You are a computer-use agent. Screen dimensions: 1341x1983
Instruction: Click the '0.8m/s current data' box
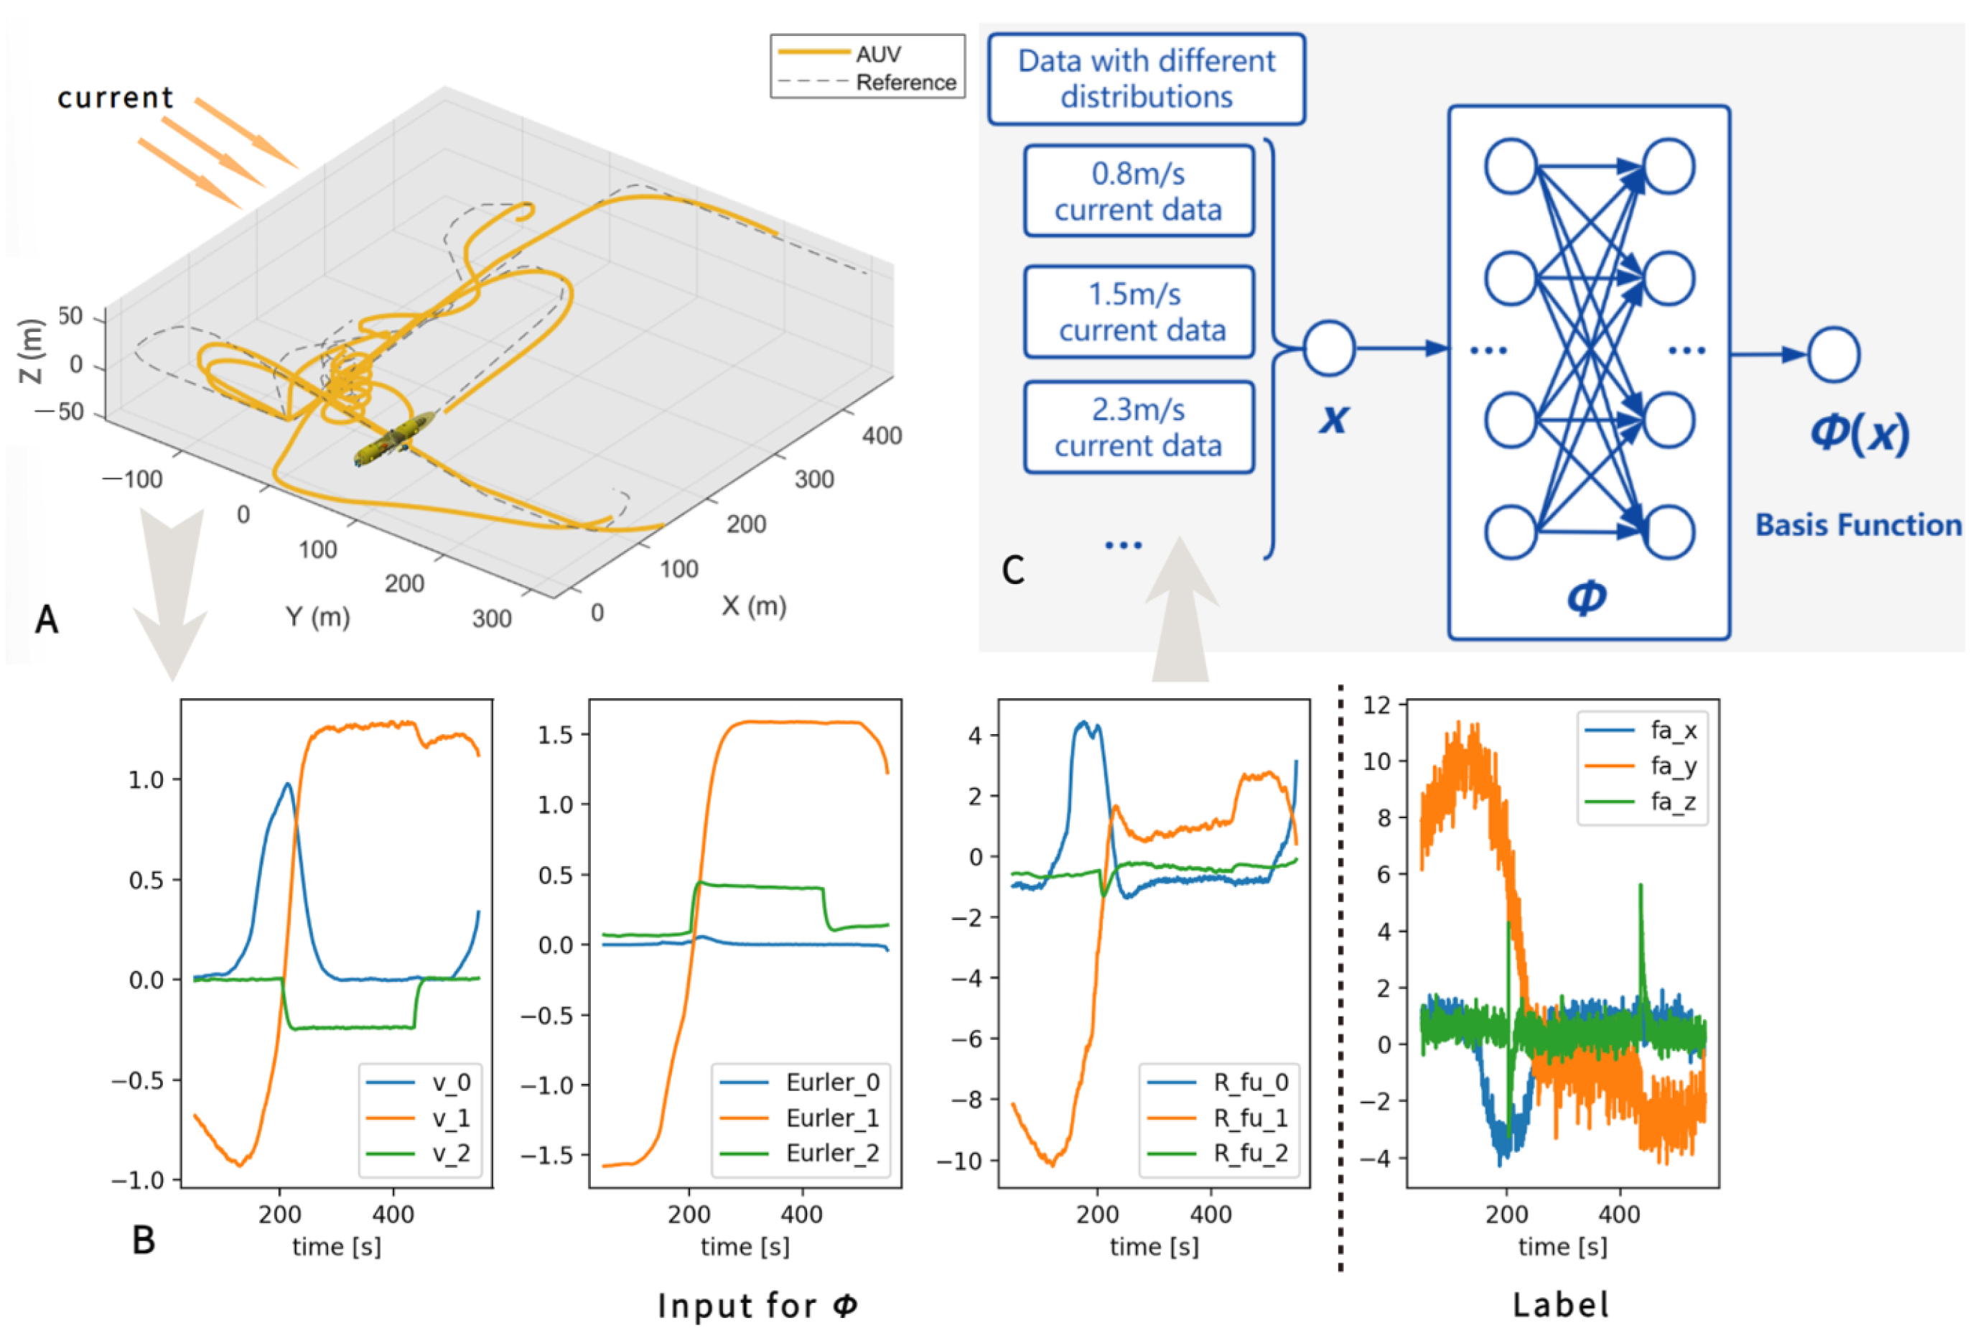[1138, 191]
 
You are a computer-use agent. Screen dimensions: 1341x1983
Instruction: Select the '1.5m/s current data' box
[1138, 312]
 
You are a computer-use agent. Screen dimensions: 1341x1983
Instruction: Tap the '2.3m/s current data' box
[1138, 427]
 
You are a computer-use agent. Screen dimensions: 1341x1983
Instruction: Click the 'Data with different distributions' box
[1146, 78]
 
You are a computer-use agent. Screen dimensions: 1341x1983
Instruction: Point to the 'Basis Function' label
[1857, 525]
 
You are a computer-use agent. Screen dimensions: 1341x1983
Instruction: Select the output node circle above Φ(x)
[1833, 354]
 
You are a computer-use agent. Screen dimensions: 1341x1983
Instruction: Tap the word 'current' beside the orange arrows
[115, 97]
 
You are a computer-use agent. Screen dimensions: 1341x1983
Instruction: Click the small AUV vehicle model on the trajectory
[393, 440]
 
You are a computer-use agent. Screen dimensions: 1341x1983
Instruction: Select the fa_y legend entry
[1672, 766]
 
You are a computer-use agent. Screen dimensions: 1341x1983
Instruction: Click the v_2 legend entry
[451, 1154]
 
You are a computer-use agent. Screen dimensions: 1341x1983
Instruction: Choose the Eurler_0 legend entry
[832, 1082]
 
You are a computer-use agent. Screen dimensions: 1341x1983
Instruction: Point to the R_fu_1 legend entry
[1250, 1118]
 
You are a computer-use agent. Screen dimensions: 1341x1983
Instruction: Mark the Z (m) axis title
[30, 351]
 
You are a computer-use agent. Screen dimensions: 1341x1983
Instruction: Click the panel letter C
[1013, 570]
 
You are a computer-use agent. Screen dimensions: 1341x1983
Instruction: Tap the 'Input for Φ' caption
[757, 1305]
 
